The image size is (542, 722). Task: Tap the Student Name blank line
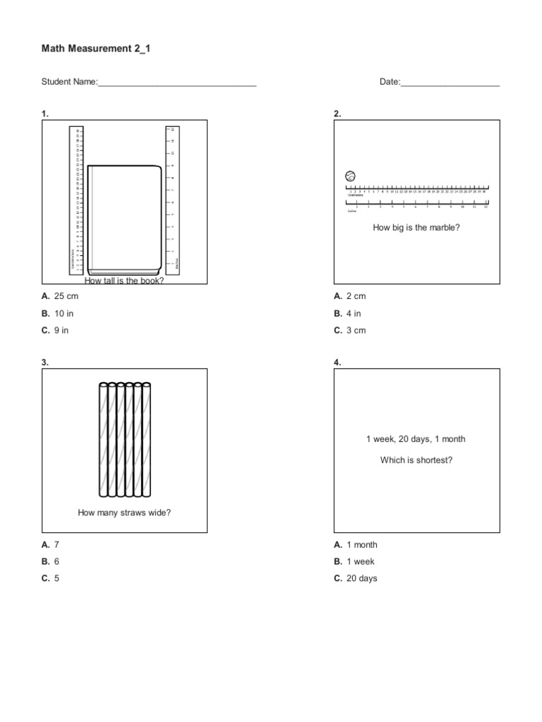[176, 83]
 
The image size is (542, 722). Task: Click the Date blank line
[450, 83]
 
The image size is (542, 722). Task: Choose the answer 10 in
[64, 313]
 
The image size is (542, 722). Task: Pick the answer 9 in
[61, 330]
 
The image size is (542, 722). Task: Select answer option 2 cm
[356, 296]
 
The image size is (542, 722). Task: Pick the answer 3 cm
[356, 330]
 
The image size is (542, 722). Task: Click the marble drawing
[350, 176]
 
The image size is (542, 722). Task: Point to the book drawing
[124, 219]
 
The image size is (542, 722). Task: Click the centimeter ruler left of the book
[77, 200]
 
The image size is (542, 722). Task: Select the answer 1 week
[360, 561]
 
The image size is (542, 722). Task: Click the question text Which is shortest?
[416, 460]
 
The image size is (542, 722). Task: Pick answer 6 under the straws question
[56, 561]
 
